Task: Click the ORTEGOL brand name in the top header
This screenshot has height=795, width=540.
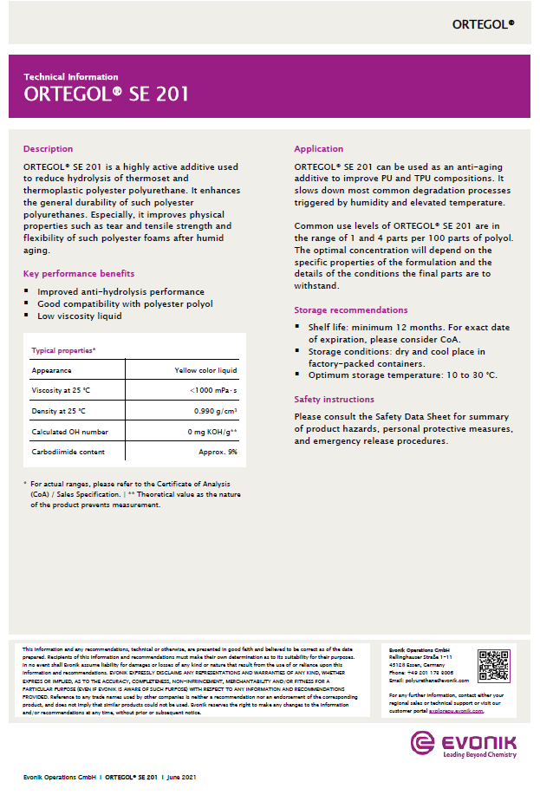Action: pos(482,24)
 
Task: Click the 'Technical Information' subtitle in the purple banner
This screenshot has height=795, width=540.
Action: pos(71,77)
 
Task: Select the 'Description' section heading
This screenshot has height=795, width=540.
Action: pos(48,149)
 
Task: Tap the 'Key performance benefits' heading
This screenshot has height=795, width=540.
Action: pos(79,274)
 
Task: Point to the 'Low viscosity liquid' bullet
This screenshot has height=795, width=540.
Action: pos(79,316)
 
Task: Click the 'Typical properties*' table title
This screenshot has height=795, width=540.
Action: pos(63,350)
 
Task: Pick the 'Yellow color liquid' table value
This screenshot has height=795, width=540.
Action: pos(205,370)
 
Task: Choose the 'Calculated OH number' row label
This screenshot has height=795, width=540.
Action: pos(70,432)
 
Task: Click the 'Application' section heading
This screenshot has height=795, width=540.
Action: pos(318,149)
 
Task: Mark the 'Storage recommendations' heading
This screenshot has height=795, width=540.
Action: pos(350,310)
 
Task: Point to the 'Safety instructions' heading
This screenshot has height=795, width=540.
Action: pos(335,400)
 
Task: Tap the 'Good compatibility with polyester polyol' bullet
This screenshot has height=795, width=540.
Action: pos(125,304)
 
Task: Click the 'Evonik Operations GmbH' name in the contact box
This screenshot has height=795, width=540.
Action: pos(420,649)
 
